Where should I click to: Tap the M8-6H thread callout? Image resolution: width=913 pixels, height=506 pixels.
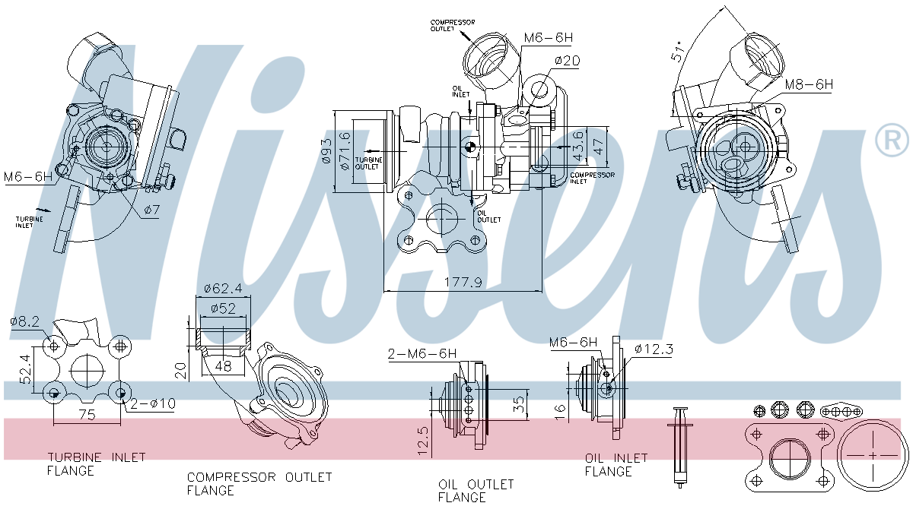[x=808, y=85]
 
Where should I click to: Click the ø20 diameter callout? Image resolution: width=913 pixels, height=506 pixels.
[x=568, y=60]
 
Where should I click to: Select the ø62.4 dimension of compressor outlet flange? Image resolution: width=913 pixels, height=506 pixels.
[x=223, y=289]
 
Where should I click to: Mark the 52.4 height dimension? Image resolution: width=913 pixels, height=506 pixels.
[x=25, y=368]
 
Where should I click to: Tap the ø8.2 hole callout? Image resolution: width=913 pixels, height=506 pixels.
[x=24, y=321]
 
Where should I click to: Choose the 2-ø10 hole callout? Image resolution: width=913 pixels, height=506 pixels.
[x=153, y=403]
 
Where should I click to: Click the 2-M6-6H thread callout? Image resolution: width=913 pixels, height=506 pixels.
[x=422, y=353]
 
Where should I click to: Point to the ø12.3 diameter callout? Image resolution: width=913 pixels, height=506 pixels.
[x=654, y=349]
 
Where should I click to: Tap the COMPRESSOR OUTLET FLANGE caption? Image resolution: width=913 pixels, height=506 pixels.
[x=259, y=483]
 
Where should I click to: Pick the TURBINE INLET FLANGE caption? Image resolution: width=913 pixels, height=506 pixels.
[x=97, y=463]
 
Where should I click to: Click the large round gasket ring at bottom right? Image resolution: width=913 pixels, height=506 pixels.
[x=872, y=454]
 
